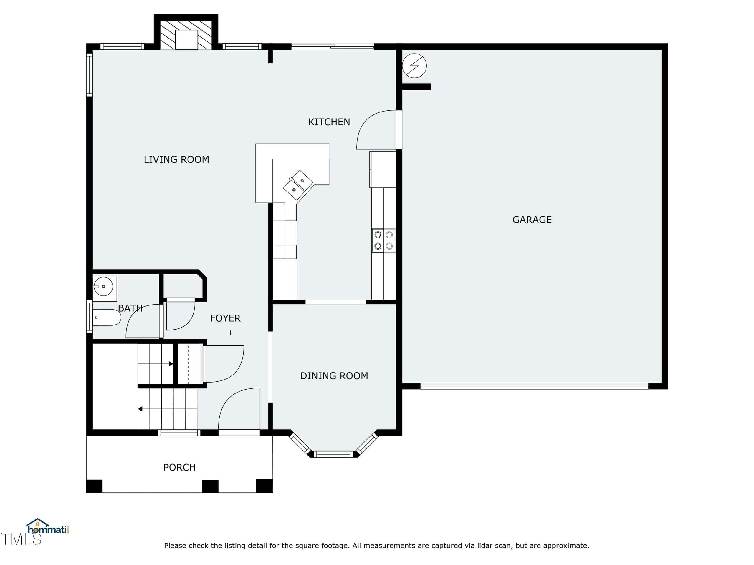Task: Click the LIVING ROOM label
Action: (x=176, y=159)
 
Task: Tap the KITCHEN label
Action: (x=329, y=122)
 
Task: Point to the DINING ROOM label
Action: (x=334, y=376)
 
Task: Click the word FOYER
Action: (x=225, y=318)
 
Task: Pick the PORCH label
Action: (x=179, y=467)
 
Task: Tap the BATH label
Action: (x=130, y=308)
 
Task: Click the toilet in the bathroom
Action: (x=107, y=318)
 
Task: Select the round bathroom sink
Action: (x=104, y=287)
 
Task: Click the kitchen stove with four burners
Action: (x=383, y=240)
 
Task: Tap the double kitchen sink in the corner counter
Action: (x=298, y=185)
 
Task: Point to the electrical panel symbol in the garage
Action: (x=414, y=66)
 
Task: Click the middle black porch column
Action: (x=210, y=486)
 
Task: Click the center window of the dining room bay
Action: (x=333, y=454)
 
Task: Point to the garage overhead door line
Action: (x=534, y=386)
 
